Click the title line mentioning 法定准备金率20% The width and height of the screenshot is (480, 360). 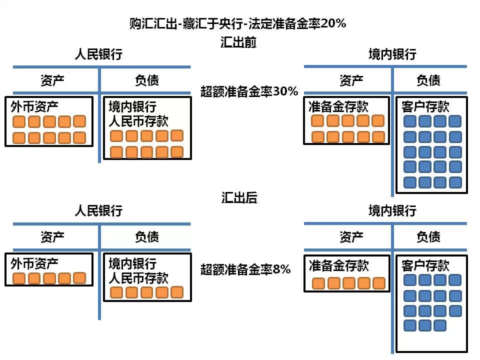pyautogui.click(x=237, y=23)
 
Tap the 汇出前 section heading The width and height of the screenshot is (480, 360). pyautogui.click(x=238, y=42)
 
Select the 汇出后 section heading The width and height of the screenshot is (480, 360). pyautogui.click(x=239, y=198)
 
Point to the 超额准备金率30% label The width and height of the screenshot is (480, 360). pyautogui.click(x=249, y=91)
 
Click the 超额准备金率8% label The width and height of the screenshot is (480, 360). pyautogui.click(x=245, y=269)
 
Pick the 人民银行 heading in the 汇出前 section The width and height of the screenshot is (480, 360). pyautogui.click(x=98, y=54)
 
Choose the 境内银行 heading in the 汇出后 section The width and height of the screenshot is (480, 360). pyautogui.click(x=392, y=210)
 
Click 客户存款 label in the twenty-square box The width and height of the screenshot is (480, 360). pyautogui.click(x=425, y=106)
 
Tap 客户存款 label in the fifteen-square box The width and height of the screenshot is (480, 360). pyautogui.click(x=425, y=265)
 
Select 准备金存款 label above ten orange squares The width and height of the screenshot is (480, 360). pyautogui.click(x=338, y=106)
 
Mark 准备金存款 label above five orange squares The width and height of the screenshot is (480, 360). pyautogui.click(x=338, y=265)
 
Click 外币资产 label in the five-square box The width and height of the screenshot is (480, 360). pyautogui.click(x=34, y=263)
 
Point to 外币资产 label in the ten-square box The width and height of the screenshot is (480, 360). pyautogui.click(x=34, y=106)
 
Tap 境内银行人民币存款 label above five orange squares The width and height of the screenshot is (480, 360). pyautogui.click(x=138, y=270)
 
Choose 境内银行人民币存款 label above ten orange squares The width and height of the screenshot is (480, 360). pyautogui.click(x=138, y=113)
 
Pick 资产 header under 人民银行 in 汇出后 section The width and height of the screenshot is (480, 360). pyautogui.click(x=52, y=236)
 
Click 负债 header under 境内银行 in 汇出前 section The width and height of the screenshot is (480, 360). pyautogui.click(x=428, y=80)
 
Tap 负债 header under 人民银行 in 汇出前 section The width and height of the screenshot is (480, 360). pyautogui.click(x=147, y=80)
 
